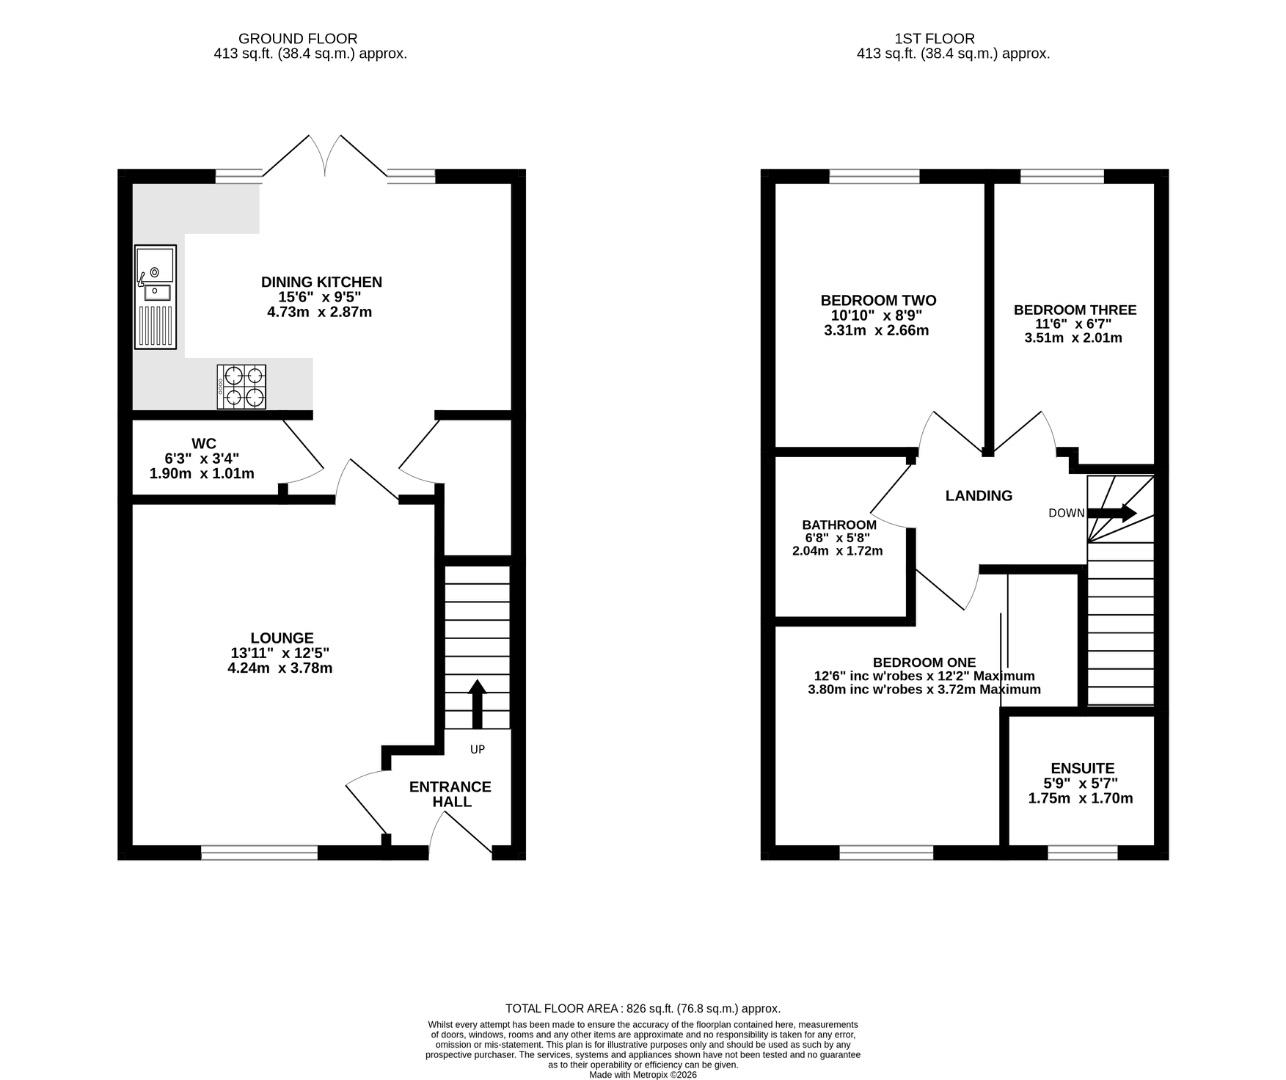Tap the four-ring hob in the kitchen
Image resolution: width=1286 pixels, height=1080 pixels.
click(x=241, y=386)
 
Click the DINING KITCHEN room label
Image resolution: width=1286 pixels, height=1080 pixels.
click(x=322, y=282)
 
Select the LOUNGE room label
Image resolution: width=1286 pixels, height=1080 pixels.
click(x=282, y=638)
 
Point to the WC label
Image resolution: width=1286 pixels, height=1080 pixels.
click(x=204, y=444)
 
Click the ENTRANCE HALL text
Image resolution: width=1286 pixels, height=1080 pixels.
click(x=450, y=794)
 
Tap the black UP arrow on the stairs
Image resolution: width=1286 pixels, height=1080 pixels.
click(x=477, y=704)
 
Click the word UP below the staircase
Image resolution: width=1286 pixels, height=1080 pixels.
click(x=477, y=749)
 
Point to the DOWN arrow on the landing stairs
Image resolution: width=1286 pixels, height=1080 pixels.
click(x=1112, y=513)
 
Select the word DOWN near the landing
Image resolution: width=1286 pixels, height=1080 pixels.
click(x=1067, y=513)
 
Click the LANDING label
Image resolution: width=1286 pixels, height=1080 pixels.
click(x=979, y=495)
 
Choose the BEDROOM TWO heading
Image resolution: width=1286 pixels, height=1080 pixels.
click(x=878, y=301)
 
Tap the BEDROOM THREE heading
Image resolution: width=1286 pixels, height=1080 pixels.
click(x=1075, y=310)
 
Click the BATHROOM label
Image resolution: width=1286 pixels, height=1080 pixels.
click(x=839, y=525)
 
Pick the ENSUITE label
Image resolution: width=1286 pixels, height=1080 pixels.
click(x=1083, y=768)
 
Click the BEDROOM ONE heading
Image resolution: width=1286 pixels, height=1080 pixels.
click(x=924, y=662)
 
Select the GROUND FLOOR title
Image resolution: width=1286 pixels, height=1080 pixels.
click(x=297, y=39)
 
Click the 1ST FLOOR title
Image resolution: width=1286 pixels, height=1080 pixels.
click(x=935, y=39)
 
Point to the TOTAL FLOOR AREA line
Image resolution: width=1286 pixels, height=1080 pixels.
click(x=643, y=1009)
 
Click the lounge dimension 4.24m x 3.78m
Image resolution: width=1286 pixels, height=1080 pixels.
click(x=280, y=668)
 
